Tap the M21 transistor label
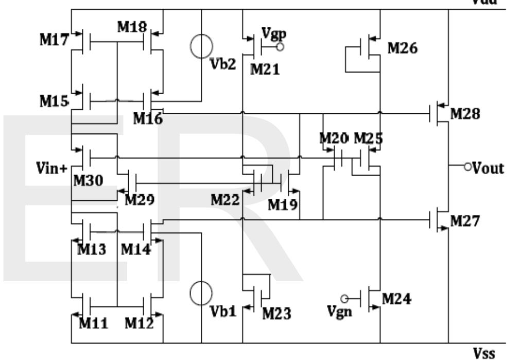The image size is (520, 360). click(x=266, y=70)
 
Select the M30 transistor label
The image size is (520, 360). click(x=88, y=180)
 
